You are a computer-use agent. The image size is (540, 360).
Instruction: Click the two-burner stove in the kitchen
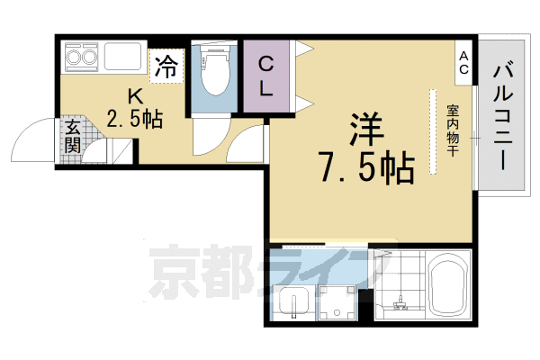[x=81, y=59]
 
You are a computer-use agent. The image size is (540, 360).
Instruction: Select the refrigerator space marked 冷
[x=166, y=65]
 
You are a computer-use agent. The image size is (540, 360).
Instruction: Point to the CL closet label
[x=267, y=76]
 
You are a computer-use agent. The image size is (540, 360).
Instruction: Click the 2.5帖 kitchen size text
[x=134, y=119]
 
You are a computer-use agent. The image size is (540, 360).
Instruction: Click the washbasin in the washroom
[x=292, y=306]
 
